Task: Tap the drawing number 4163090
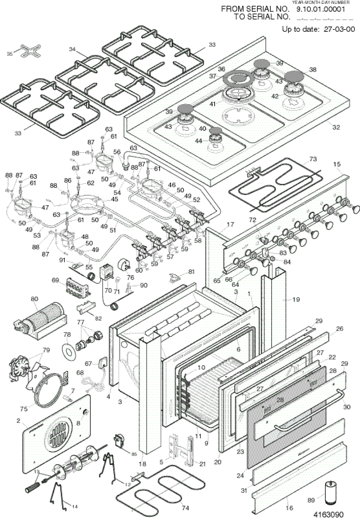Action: [329, 514]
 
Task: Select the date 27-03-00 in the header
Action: [339, 29]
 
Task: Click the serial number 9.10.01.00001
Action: [320, 9]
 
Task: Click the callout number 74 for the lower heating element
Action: [185, 508]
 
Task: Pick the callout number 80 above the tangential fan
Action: [34, 299]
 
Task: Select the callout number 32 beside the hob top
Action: [336, 128]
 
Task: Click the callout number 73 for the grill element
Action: [313, 159]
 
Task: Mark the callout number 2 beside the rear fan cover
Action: [19, 421]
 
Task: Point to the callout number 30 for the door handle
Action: [347, 407]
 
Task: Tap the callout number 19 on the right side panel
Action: [296, 299]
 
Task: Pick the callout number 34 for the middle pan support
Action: [72, 49]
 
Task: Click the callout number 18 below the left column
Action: [143, 464]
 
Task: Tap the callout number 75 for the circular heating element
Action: [24, 409]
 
